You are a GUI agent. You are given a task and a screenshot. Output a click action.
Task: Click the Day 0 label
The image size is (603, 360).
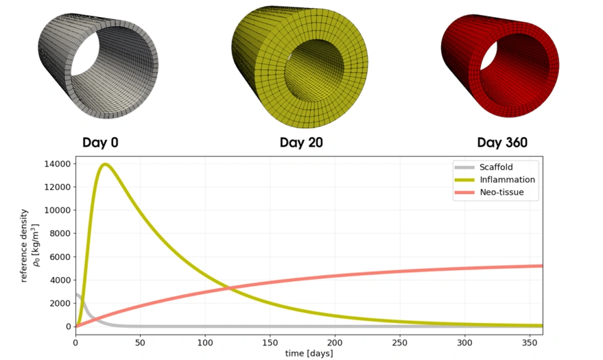[x=100, y=143]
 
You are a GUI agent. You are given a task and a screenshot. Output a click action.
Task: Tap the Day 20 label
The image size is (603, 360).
[x=301, y=143]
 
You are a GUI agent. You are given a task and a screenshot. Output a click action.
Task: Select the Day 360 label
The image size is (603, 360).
[x=502, y=143]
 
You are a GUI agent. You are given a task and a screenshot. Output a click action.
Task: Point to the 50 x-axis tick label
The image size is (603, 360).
[x=140, y=342]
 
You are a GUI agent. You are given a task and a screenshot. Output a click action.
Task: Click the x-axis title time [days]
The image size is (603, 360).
[x=309, y=354]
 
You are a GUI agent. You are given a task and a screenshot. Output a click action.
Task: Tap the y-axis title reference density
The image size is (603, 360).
[x=25, y=245]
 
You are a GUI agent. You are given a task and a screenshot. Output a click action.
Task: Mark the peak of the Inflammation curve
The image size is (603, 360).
[x=105, y=165]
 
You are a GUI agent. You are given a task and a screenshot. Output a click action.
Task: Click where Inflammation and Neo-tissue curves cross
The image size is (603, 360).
[x=230, y=288]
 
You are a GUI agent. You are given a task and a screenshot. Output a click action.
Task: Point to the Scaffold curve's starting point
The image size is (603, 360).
[x=76, y=294]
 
